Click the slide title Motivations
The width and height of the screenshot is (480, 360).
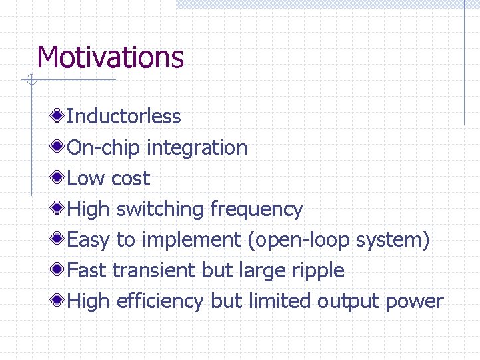[x=110, y=57]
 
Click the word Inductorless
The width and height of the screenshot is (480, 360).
[x=124, y=117]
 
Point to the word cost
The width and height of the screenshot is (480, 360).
[x=131, y=179]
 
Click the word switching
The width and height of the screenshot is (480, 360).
[x=161, y=209]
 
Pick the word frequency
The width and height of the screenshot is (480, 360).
[x=256, y=209]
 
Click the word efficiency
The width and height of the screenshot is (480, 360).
[x=160, y=301]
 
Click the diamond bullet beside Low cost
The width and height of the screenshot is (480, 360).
[x=59, y=178]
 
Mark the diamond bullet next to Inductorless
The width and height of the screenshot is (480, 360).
[x=59, y=117]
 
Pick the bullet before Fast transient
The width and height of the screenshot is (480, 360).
[x=59, y=270]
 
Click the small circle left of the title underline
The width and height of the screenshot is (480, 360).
[x=31, y=81]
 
